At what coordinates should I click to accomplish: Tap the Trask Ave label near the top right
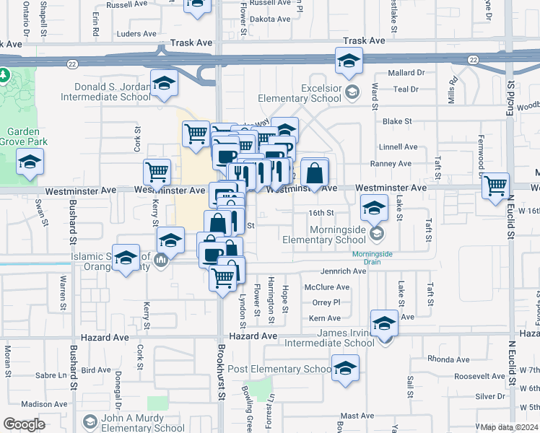[364, 41]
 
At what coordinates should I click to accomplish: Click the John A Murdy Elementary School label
[141, 424]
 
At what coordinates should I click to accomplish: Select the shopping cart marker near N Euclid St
[495, 185]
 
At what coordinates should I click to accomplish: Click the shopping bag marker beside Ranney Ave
[315, 173]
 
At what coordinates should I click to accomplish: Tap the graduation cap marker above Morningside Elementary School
[374, 209]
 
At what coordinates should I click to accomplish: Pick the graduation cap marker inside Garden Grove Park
[30, 164]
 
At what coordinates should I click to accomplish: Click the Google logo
[24, 424]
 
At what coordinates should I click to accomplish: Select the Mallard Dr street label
[406, 73]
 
